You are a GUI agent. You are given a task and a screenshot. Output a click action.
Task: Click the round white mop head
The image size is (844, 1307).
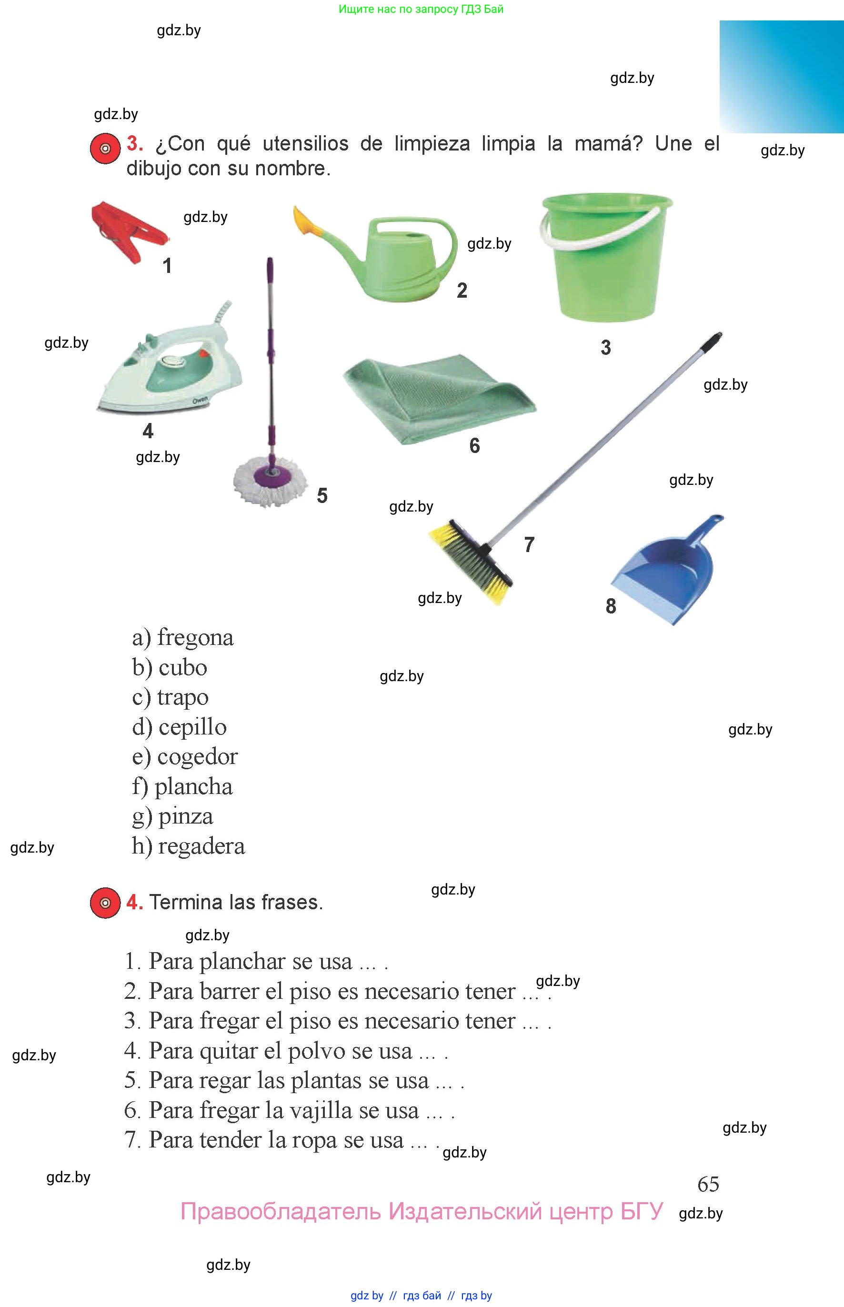(270, 482)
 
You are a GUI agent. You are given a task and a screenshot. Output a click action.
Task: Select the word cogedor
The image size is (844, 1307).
(198, 757)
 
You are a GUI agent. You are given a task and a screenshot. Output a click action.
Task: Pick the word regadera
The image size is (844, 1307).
(201, 846)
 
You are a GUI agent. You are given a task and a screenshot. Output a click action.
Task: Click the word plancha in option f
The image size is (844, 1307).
(193, 786)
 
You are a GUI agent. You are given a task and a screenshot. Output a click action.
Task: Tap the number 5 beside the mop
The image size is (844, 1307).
(322, 496)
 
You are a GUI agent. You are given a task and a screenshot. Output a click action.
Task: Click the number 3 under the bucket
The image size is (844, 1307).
(605, 347)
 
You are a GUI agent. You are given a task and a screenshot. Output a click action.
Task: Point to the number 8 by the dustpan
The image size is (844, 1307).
(611, 606)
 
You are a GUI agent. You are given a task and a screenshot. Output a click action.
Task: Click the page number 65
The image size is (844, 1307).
(708, 1184)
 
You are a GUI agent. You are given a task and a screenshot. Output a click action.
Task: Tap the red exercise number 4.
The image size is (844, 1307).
(134, 902)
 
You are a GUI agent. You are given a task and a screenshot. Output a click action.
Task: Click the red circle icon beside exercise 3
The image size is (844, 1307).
(105, 149)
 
